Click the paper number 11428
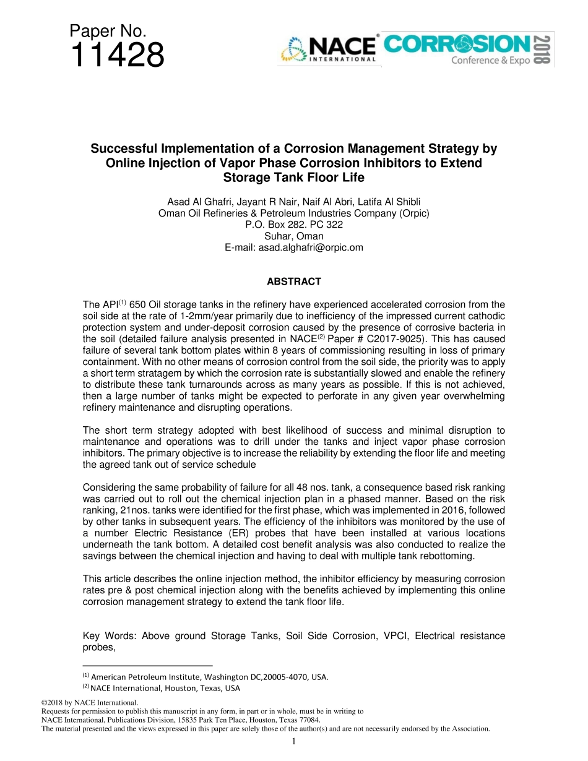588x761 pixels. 118,56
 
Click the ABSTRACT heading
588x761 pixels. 294,282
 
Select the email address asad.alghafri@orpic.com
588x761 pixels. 294,247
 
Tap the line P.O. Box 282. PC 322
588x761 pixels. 294,225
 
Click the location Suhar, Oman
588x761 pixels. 294,236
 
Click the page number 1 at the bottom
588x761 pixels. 294,741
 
